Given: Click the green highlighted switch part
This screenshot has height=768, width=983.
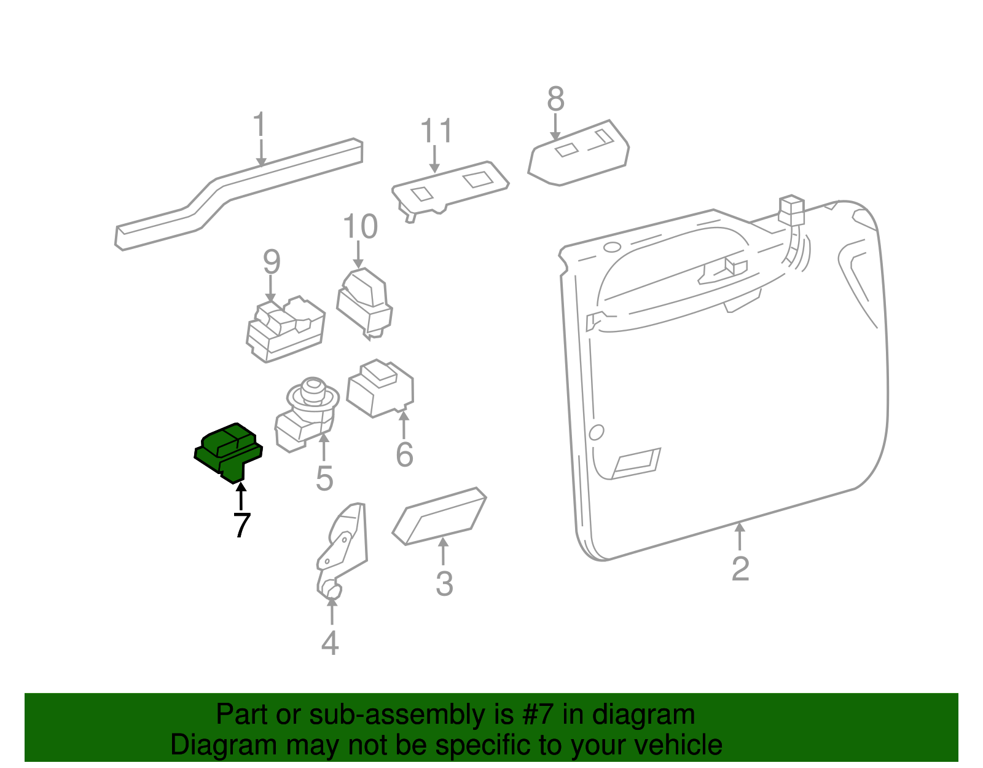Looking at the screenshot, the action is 228,452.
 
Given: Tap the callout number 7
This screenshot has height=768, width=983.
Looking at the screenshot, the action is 241,525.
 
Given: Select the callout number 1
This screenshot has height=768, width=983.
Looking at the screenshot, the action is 259,124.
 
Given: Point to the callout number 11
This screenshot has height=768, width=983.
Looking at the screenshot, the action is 436,130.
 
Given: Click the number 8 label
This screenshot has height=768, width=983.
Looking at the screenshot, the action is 555,98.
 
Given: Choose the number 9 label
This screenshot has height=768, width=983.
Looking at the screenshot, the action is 272,261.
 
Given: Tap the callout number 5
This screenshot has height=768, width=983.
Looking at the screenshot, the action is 324,478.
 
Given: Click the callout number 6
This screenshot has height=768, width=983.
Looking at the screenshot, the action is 404,454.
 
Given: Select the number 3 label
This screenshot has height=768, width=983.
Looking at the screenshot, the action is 444,584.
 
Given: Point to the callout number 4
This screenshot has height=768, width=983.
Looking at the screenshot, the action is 330,643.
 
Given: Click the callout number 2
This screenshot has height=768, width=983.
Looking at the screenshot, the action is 740,568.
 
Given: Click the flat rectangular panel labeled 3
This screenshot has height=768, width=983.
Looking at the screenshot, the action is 439,516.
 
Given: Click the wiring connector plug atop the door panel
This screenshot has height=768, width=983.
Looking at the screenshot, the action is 791,210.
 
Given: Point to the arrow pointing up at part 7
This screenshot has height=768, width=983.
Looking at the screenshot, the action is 241,496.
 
